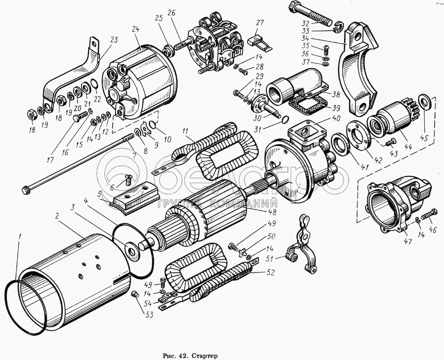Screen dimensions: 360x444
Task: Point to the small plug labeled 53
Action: coord(133,294)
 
